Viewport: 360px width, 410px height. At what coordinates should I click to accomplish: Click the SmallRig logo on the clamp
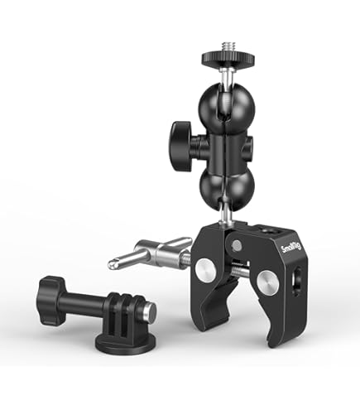pos(291,248)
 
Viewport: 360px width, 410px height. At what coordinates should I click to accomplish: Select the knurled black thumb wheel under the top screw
pos(228,58)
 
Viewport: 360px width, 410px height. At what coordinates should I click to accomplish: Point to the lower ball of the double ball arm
pos(227,189)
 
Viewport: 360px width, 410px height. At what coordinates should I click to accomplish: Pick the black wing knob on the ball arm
pos(180,146)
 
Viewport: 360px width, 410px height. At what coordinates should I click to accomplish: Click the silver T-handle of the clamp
pos(151,253)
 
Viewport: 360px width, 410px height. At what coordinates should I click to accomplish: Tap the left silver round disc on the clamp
pos(205,270)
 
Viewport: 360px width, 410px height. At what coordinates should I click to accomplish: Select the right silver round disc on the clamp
pos(267,283)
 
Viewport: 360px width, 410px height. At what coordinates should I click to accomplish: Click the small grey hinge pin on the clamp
pos(237,245)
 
